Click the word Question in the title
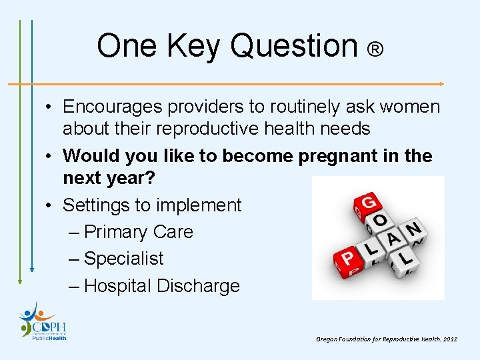click(x=294, y=47)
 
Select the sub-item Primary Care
click(x=139, y=232)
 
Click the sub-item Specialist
click(x=123, y=259)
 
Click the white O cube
click(x=380, y=221)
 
